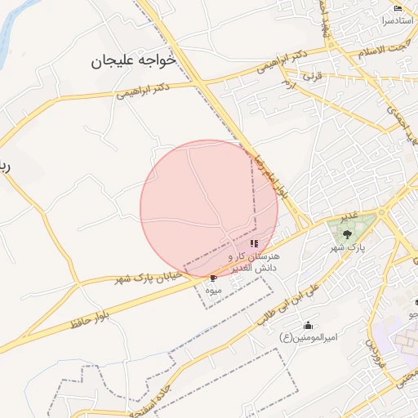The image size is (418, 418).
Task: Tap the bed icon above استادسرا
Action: [398, 8]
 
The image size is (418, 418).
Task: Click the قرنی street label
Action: [313, 75]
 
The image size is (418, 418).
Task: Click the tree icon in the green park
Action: [349, 234]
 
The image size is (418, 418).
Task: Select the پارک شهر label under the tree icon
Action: [349, 246]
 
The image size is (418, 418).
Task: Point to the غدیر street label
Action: [349, 216]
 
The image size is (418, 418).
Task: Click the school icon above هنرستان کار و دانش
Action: [254, 243]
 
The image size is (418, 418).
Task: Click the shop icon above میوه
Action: [214, 278]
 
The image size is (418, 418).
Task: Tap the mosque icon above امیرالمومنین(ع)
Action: [308, 326]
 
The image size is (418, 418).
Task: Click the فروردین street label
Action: [373, 354]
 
